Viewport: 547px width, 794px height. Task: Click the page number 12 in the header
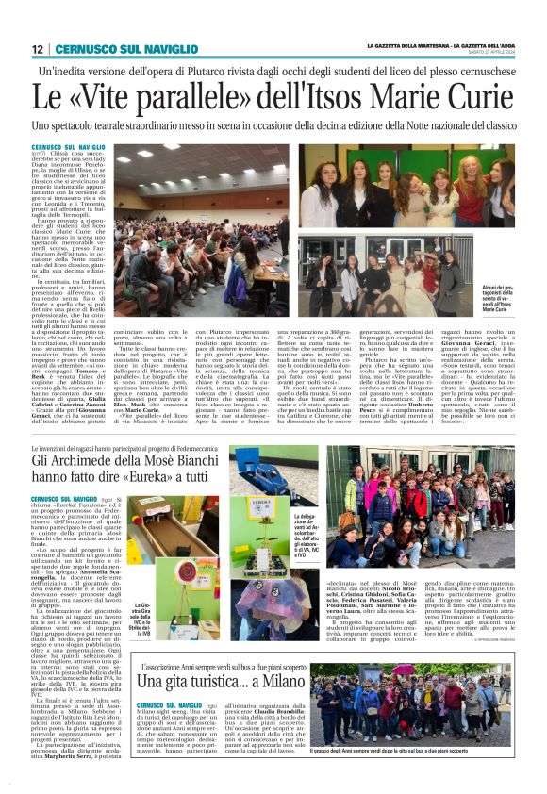coord(37,49)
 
